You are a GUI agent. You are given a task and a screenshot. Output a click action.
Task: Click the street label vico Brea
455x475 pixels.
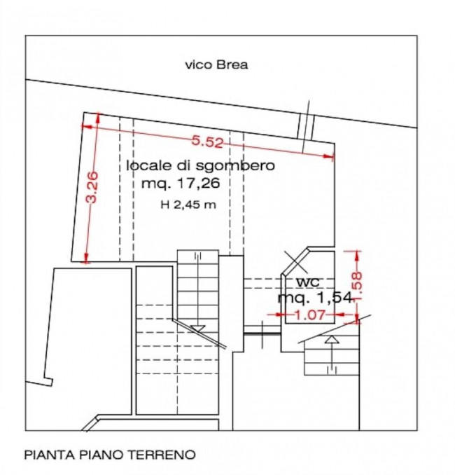click(x=216, y=65)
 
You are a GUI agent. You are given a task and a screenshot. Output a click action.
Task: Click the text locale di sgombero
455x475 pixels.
click(x=201, y=166)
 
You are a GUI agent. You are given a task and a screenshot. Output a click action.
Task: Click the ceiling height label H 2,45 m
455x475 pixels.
click(x=187, y=205)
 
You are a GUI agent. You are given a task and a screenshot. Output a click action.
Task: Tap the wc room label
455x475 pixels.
click(x=308, y=282)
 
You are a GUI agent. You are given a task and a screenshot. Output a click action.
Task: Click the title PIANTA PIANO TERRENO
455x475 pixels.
click(x=110, y=455)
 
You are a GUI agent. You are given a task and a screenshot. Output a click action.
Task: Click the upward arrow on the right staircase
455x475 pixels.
click(x=332, y=340)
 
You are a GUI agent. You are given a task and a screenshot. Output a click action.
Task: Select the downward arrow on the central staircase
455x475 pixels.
click(x=198, y=328)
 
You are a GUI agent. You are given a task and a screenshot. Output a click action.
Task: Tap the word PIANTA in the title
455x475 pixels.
click(x=45, y=455)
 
